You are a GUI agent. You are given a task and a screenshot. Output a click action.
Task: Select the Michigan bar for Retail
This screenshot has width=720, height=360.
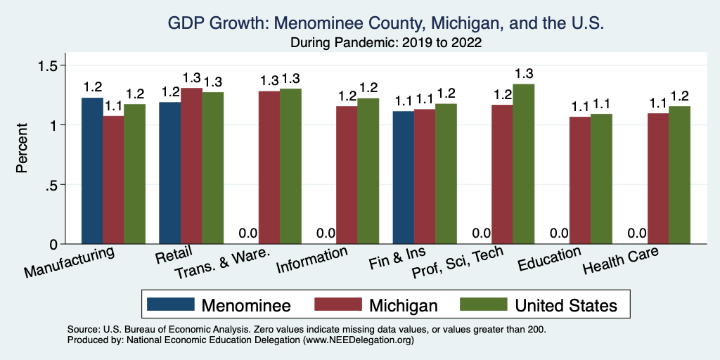click(191, 166)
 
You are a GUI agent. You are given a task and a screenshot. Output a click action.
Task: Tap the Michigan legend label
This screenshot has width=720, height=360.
click(403, 305)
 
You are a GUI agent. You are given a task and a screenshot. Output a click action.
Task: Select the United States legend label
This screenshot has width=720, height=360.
click(566, 305)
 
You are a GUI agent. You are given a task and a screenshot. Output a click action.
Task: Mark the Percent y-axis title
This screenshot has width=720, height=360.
click(22, 149)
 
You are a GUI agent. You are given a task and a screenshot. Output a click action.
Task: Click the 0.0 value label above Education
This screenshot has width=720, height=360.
click(559, 233)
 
